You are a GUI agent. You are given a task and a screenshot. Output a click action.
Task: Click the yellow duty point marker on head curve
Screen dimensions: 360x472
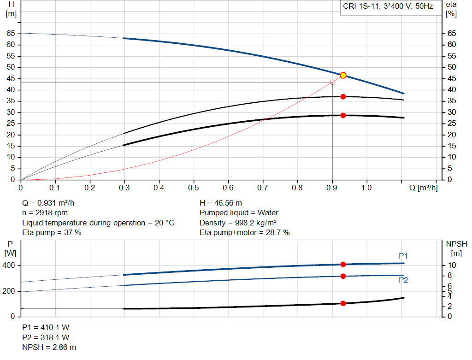tap(343, 75)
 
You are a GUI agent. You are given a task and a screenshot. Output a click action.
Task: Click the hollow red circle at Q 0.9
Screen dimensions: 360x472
tap(332, 82)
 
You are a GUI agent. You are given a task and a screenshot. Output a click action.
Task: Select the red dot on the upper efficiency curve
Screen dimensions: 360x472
tap(343, 97)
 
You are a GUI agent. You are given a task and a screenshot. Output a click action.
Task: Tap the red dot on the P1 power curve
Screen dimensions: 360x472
tap(343, 264)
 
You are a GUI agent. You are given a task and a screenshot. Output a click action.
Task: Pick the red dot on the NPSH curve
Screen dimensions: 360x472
tap(343, 303)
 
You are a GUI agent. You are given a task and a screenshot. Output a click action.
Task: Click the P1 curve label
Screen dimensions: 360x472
tap(403, 256)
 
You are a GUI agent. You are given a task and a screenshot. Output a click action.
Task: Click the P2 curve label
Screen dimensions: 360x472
tap(403, 280)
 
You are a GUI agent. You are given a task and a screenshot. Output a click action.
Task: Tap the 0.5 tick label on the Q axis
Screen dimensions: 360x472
tap(194, 188)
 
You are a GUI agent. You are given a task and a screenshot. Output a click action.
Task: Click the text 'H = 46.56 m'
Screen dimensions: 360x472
tap(221, 203)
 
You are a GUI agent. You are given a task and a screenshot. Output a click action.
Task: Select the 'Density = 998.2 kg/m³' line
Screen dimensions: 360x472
tap(236, 223)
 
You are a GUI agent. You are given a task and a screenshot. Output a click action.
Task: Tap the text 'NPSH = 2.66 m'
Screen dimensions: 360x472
tap(49, 347)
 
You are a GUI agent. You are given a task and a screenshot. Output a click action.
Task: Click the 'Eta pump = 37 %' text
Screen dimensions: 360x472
tap(52, 232)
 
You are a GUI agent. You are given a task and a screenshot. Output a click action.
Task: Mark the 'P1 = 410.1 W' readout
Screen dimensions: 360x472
tap(46, 327)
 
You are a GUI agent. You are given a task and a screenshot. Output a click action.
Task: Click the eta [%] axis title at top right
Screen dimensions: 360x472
tap(451, 9)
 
